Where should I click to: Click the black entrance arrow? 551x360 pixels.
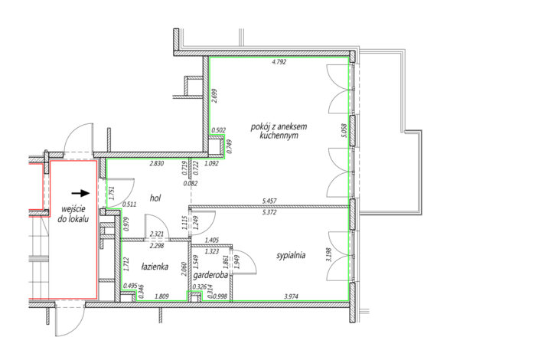click(x=80, y=193)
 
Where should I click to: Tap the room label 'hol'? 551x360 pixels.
click(x=155, y=198)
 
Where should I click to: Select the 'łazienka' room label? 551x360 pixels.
click(x=155, y=267)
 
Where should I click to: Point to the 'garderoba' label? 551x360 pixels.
click(x=210, y=274)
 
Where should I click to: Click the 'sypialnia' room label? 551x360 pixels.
click(x=291, y=256)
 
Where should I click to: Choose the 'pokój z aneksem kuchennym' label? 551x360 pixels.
click(x=279, y=131)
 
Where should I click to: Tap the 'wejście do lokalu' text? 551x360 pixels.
click(x=73, y=214)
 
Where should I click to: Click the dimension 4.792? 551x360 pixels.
click(x=279, y=62)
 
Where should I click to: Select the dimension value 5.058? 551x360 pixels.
click(x=344, y=130)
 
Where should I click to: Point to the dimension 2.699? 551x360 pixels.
click(x=215, y=96)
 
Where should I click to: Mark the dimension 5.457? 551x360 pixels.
click(x=269, y=201)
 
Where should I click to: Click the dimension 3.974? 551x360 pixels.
click(x=291, y=296)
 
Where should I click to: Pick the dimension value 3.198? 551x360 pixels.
click(x=329, y=254)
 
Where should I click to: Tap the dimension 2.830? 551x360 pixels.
click(x=157, y=163)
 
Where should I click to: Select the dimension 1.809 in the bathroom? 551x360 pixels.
click(x=162, y=296)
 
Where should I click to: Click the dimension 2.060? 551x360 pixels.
click(x=184, y=269)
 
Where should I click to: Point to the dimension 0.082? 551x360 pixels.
click(x=191, y=183)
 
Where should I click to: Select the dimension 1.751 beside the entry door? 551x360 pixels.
click(x=112, y=193)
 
